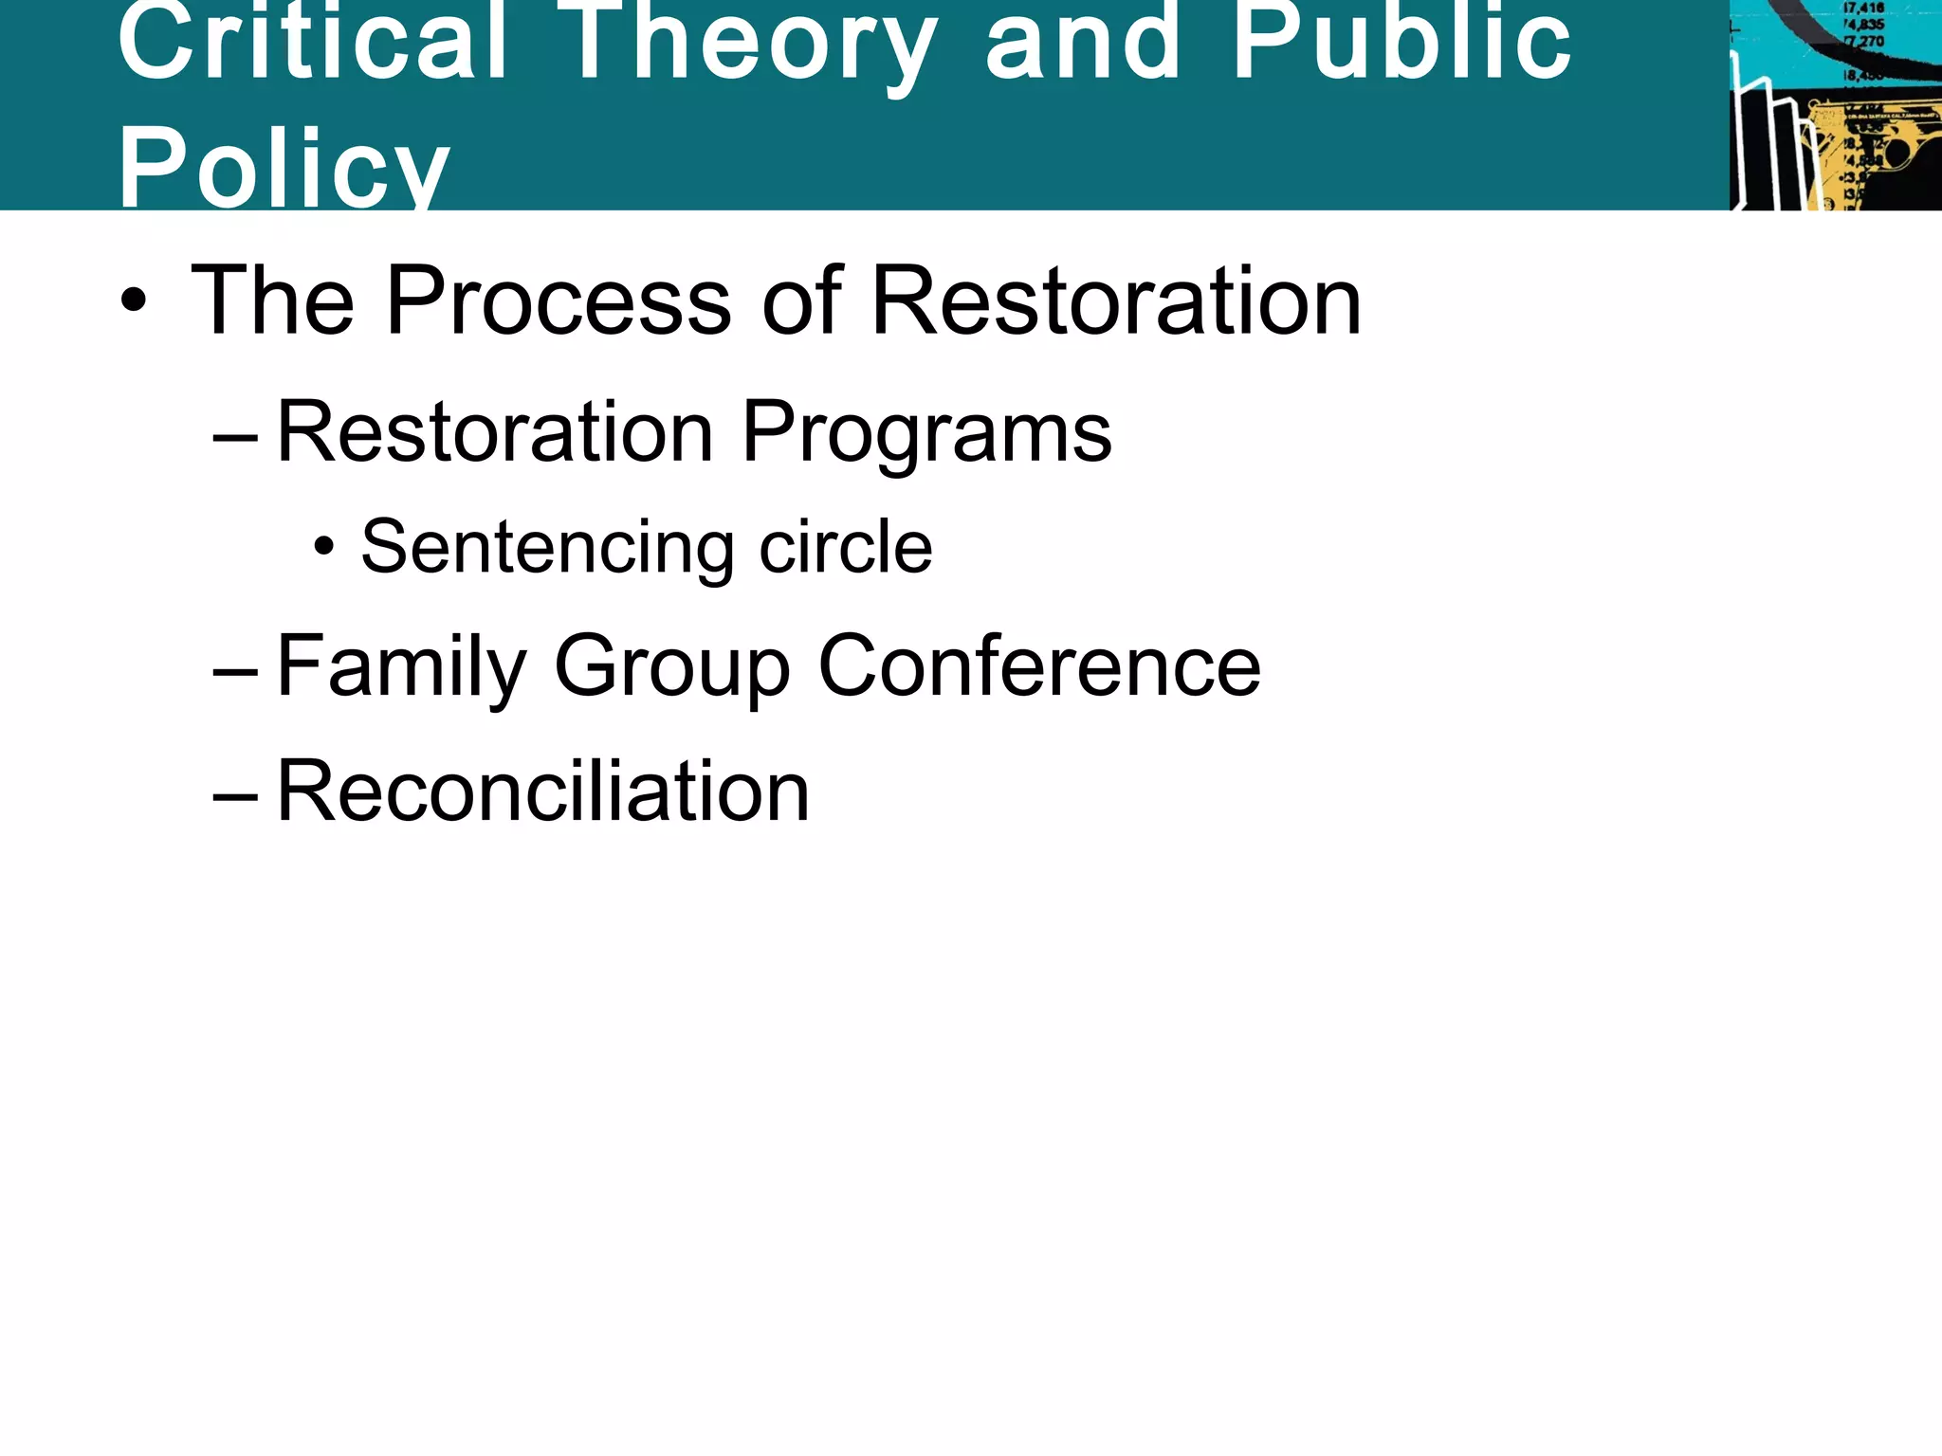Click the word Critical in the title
pos(313,43)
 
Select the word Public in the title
pos(1402,43)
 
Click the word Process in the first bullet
pos(559,300)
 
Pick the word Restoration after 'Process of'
pos(1116,300)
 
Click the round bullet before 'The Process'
pos(134,300)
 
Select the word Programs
pos(925,433)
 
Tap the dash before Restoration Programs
pos(235,437)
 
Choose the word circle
pos(846,547)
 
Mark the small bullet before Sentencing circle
pos(324,547)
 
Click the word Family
pos(401,667)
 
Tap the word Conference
pos(1039,665)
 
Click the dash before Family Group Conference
pos(235,672)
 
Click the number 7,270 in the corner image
pos(1864,42)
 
